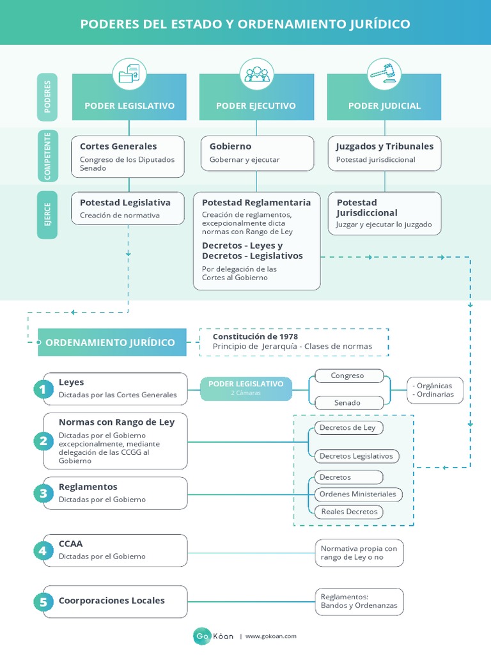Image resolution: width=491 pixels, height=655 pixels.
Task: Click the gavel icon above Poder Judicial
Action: coord(384,74)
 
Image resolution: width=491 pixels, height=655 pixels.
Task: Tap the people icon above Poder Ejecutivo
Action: coord(256,74)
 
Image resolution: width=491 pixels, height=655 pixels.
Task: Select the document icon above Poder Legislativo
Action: coord(129,74)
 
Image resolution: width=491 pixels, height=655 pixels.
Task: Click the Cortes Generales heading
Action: coord(118,146)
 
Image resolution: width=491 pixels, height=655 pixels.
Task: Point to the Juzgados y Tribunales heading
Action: coord(384,146)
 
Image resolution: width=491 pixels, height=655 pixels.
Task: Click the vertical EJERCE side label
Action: coord(47,215)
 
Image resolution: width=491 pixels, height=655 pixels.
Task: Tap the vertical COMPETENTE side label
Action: coord(47,155)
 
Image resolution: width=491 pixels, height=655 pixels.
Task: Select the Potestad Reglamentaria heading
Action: coord(256,202)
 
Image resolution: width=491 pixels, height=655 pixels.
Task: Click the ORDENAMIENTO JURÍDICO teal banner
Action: coord(113,342)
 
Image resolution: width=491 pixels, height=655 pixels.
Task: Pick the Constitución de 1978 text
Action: coord(255,336)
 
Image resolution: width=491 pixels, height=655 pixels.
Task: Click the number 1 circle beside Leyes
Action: coord(43,389)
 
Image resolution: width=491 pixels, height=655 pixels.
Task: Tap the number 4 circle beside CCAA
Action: coord(43,550)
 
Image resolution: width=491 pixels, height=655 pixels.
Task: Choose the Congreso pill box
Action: coord(347,376)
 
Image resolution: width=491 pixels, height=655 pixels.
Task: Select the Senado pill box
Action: coord(347,403)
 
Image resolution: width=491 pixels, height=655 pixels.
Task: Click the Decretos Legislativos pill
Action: coord(356,456)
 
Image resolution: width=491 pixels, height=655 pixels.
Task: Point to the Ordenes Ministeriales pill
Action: coord(357,494)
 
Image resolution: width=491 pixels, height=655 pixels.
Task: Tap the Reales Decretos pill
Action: coord(348,512)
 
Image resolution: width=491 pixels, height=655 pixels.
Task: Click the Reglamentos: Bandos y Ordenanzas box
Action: coord(359,601)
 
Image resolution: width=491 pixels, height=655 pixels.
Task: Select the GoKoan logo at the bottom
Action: coord(214,636)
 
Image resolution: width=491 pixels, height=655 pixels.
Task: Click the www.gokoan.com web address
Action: coord(271,636)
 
